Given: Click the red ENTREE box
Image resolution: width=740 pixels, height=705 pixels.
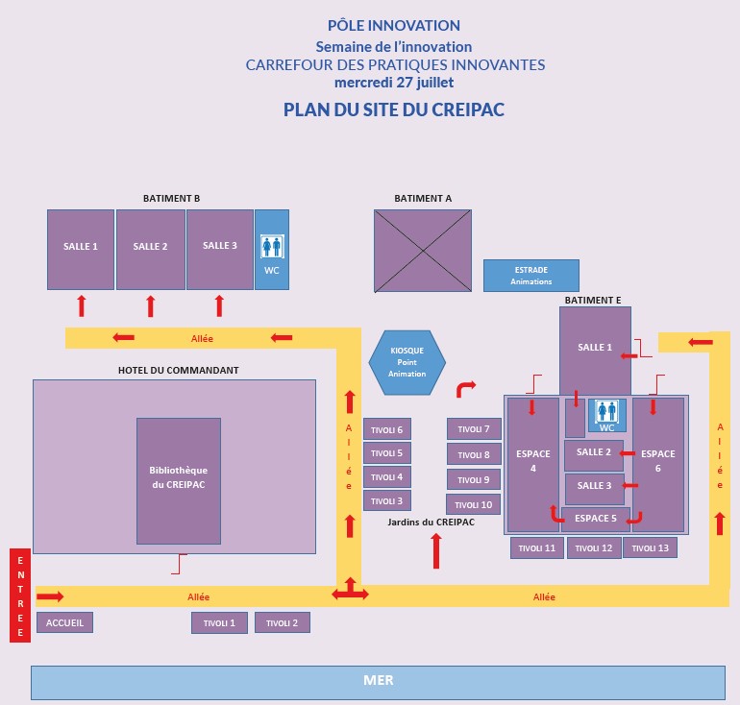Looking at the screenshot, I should pos(18,595).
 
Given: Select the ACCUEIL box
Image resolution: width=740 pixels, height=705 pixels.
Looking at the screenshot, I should pos(65,622).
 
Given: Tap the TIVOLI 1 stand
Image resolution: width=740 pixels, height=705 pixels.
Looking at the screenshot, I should pos(219,622).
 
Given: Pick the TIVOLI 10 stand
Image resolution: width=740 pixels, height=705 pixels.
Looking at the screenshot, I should pos(473,504).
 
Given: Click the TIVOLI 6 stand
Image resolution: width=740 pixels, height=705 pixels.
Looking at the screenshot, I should pos(387,428).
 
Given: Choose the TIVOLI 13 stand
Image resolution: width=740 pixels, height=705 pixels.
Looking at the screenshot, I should pos(650,547).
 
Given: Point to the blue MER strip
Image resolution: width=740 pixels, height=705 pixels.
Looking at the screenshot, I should pos(378,682).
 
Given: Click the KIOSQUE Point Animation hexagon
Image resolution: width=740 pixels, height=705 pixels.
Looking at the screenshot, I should pos(407,362).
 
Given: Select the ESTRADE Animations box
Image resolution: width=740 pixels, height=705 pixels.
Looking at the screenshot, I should pos(530,275).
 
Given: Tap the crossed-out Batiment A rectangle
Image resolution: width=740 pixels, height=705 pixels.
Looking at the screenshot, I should pos(423,250).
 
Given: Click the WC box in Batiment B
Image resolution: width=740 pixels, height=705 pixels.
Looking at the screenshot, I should pos(272,250).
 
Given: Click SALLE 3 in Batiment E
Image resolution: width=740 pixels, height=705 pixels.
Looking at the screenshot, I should pos(594,487).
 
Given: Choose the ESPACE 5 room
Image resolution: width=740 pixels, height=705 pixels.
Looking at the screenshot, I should pos(595,519).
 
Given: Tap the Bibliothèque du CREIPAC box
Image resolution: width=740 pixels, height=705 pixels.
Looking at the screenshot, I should pos(178,480).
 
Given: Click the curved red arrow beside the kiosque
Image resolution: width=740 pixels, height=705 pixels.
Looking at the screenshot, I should pos(465,388).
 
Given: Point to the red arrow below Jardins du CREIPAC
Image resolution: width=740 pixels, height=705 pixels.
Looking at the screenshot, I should pos(436,550).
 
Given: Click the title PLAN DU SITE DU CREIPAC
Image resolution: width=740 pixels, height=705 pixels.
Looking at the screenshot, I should pos(394,109).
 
